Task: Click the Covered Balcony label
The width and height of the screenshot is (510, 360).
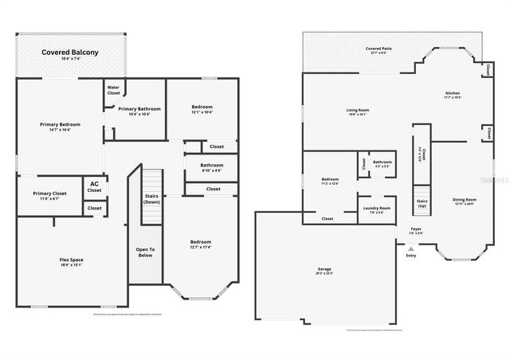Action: pos(70,53)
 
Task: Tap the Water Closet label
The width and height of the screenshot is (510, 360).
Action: pos(114,90)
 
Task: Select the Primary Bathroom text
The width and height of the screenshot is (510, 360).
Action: pos(139,110)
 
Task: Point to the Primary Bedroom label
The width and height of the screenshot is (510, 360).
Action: pos(61,126)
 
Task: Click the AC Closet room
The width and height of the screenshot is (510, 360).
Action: pos(94,187)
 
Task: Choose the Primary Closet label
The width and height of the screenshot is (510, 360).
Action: pos(49,195)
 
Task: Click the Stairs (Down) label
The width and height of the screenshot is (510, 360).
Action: pos(151,199)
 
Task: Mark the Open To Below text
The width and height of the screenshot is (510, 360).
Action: pos(145,253)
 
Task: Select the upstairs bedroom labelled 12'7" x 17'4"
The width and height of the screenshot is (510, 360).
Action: pos(200,243)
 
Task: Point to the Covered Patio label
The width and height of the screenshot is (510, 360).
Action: pos(379,49)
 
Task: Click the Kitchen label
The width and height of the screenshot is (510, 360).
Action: pos(452,95)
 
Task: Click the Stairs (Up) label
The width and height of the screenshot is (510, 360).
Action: pos(422,203)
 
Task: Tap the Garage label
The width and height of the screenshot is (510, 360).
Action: pos(324,270)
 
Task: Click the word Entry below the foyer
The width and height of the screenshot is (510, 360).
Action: pos(411,256)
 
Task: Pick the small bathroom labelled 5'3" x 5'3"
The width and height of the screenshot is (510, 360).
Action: pos(382,163)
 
